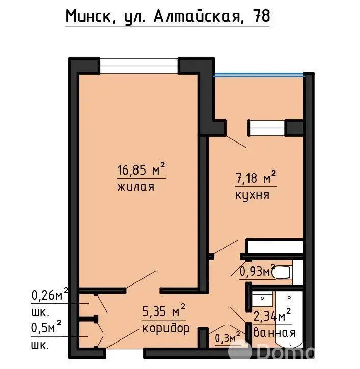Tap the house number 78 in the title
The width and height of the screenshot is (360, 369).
click(x=261, y=16)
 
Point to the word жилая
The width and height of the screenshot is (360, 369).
click(x=136, y=187)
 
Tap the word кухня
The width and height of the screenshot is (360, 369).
click(x=252, y=195)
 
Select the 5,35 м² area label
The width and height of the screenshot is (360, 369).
click(x=164, y=311)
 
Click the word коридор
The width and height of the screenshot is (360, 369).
click(x=166, y=328)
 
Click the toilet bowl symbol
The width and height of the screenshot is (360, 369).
click(x=282, y=272)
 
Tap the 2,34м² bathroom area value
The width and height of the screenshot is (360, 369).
click(x=272, y=315)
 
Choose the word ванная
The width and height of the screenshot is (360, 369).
click(x=274, y=332)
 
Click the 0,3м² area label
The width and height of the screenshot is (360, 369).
click(x=228, y=338)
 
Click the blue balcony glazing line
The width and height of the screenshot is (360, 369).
click(x=259, y=76)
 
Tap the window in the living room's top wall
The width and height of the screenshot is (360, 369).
click(x=139, y=66)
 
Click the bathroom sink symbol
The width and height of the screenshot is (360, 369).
click(x=262, y=298)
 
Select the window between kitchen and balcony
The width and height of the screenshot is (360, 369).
click(x=267, y=128)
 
